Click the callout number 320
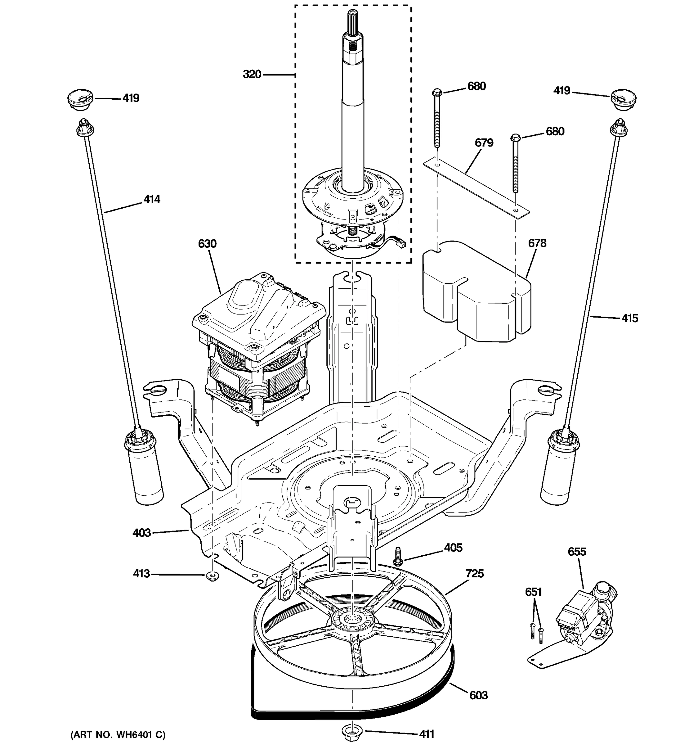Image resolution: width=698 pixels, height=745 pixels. point(252,74)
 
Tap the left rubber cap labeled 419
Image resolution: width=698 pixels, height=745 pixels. point(80,99)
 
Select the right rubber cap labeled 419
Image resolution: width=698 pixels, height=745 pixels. point(624,99)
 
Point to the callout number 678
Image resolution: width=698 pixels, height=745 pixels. point(537,243)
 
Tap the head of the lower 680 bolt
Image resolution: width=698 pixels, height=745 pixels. point(515,138)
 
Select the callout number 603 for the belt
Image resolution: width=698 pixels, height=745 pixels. point(479,696)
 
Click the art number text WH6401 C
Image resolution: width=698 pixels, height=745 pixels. point(118,734)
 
